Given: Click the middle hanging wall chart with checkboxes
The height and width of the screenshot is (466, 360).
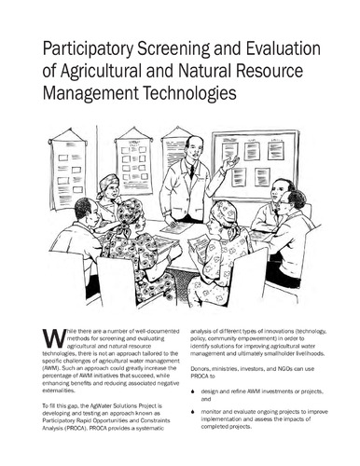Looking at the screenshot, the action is click(133, 160).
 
